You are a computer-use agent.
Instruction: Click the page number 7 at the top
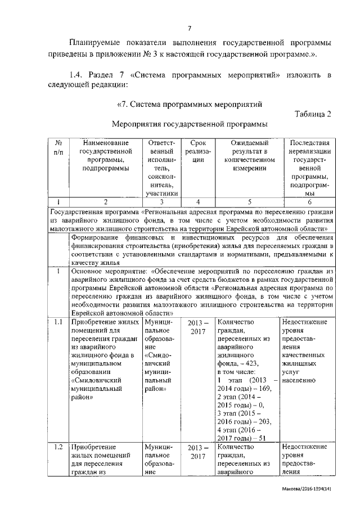(x=190, y=28)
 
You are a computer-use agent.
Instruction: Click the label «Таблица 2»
(x=313, y=114)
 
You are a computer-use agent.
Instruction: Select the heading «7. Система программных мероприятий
(x=190, y=104)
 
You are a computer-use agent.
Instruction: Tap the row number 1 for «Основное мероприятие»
(x=58, y=271)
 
